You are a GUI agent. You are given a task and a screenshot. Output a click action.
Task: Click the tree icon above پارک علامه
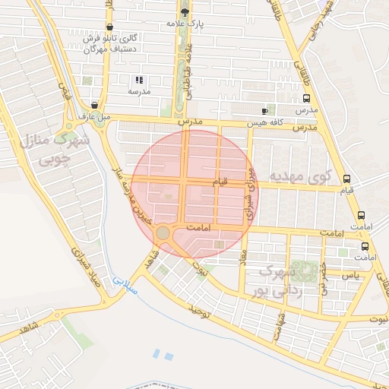[x=185, y=11]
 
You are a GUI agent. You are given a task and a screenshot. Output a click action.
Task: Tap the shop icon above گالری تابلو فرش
[x=112, y=27]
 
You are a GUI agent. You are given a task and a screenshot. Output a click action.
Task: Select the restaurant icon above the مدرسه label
[x=138, y=80]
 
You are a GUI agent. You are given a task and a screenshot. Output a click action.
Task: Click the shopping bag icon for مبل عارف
[x=94, y=106]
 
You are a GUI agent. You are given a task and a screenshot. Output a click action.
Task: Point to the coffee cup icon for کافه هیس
[x=264, y=111]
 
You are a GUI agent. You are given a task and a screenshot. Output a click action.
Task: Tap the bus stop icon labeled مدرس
[x=306, y=98]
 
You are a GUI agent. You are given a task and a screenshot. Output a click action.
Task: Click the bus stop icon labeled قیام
[x=346, y=179]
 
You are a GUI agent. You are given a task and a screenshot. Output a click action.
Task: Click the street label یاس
[x=350, y=274]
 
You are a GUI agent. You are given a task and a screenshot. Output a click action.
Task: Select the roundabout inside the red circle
[x=163, y=232]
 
